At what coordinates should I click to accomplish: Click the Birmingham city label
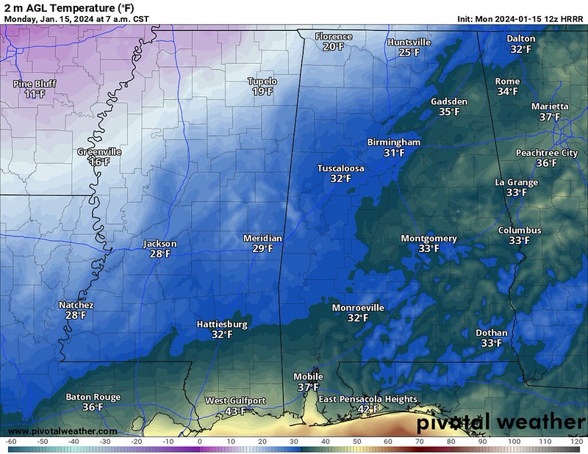394,143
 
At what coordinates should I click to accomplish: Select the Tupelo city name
262,82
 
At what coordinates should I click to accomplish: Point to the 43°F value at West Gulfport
235,411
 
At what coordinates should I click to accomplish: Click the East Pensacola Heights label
367,399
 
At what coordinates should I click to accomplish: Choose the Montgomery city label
429,239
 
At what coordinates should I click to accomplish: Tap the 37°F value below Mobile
308,387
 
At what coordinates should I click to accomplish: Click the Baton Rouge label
93,397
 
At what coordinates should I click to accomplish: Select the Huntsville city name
409,43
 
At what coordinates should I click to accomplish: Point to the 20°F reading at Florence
333,46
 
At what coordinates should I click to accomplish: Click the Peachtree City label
546,153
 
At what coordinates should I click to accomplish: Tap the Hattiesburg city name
222,324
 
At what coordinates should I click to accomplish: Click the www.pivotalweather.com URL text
60,431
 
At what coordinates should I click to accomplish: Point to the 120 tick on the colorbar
576,441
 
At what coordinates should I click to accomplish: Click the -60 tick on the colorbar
11,441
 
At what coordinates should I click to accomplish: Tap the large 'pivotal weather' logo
501,422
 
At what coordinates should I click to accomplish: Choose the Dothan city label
491,333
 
